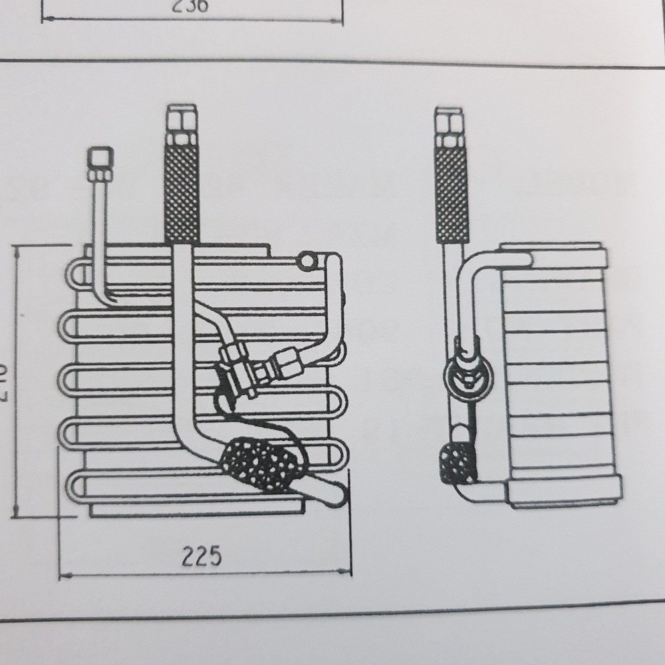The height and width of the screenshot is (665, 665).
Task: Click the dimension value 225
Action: [201, 556]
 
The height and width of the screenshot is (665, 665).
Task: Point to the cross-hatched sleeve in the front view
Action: [182, 193]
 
